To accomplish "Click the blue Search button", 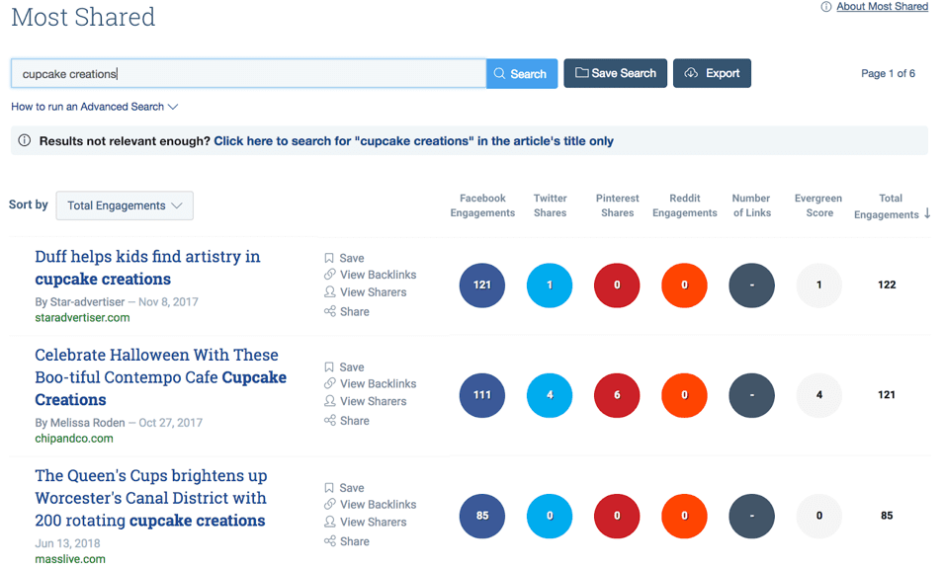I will point(521,74).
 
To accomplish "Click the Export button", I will point(712,73).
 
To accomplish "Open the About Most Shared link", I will point(882,7).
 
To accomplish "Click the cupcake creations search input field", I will point(247,74).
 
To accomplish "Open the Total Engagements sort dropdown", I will point(125,205).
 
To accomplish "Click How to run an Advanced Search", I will point(94,107).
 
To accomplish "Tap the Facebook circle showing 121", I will point(482,285).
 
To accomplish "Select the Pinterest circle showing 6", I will point(617,395).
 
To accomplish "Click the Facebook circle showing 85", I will point(482,516).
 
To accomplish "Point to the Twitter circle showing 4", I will point(550,395).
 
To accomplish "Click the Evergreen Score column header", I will point(818,205).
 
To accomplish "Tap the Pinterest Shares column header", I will point(617,205).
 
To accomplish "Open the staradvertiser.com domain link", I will point(82,318).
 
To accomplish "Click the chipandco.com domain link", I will point(74,439).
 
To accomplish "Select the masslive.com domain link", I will point(70,559).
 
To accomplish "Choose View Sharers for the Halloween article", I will point(373,401).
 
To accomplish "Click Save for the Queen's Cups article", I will point(352,488).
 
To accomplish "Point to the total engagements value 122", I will point(887,285).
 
